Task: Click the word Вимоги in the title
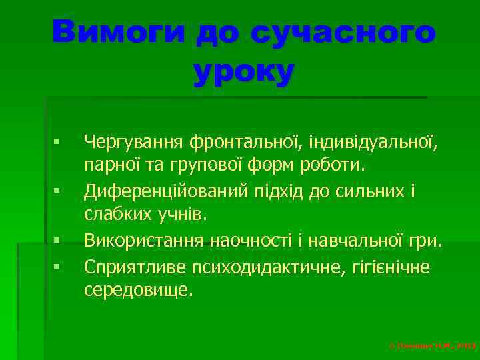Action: (119, 33)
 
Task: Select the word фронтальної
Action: (244, 141)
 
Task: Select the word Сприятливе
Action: (133, 267)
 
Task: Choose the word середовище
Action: (138, 291)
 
